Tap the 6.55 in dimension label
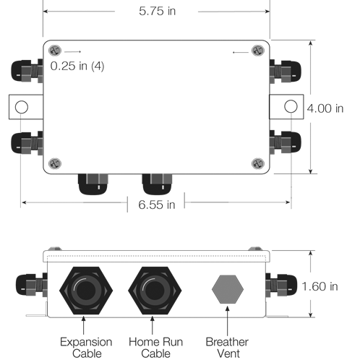click(x=156, y=205)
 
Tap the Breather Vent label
click(x=228, y=347)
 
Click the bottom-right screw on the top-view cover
click(x=258, y=164)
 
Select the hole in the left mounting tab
click(x=21, y=107)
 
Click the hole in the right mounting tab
click(x=291, y=107)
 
